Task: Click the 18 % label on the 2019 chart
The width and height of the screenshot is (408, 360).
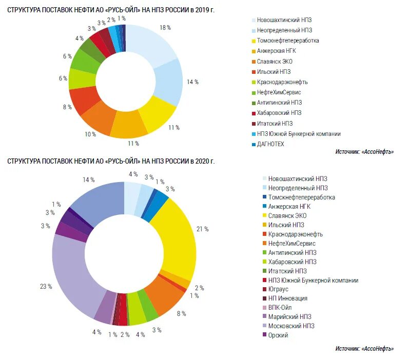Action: click(165, 27)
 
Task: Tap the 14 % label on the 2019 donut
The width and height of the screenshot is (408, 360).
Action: click(192, 82)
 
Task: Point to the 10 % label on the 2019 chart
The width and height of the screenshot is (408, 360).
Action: click(90, 134)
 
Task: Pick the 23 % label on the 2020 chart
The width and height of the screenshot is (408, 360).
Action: click(46, 286)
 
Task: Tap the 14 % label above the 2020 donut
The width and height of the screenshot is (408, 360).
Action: click(89, 179)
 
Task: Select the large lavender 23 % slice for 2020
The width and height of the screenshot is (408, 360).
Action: click(72, 277)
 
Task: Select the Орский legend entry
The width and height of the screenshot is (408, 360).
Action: click(278, 335)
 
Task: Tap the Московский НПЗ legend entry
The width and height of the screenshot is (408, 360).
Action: click(290, 326)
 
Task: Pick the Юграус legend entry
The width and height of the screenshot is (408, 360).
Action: click(279, 289)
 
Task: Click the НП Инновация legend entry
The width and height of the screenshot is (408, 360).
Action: click(287, 298)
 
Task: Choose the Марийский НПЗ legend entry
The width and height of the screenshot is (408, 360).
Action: click(289, 317)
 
